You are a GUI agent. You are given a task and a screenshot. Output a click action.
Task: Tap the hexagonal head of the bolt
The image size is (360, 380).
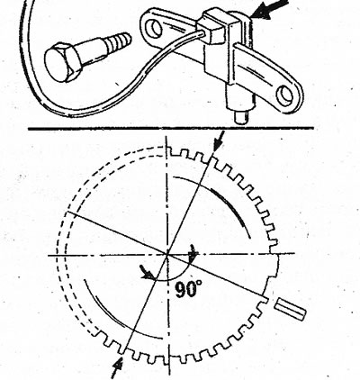tap(61, 63)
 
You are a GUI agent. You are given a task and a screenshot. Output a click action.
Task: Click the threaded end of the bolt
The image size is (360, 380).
tap(119, 41)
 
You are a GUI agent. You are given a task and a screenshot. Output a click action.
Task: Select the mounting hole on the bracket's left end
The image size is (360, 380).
tap(153, 28)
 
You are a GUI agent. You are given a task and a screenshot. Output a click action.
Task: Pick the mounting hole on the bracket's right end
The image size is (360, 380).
tap(285, 95)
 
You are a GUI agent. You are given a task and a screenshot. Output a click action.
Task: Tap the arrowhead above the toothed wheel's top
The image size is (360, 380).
tap(217, 146)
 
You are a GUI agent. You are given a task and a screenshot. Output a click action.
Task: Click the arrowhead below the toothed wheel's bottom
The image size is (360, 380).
tap(118, 366)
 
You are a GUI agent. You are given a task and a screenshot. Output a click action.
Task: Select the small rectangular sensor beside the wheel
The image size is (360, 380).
tap(291, 309)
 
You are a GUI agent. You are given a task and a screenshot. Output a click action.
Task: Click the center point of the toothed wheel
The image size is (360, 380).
tap(167, 255)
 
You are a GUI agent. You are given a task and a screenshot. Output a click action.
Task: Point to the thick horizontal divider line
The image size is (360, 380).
tap(171, 129)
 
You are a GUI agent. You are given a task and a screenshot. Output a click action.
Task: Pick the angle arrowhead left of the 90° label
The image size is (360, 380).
tap(148, 273)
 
